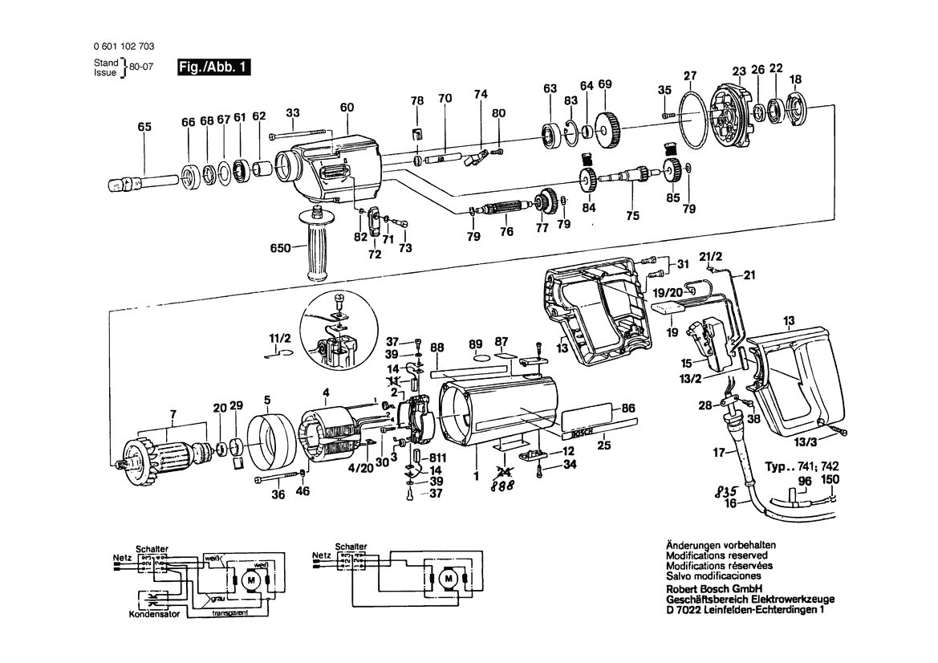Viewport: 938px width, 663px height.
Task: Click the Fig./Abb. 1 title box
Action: click(x=214, y=68)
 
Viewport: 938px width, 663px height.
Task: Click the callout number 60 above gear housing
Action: click(x=347, y=108)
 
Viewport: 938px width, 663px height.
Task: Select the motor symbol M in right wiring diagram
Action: click(x=451, y=579)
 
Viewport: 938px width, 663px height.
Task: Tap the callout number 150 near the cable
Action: click(x=833, y=481)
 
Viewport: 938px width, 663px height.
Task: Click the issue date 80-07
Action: click(x=140, y=68)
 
